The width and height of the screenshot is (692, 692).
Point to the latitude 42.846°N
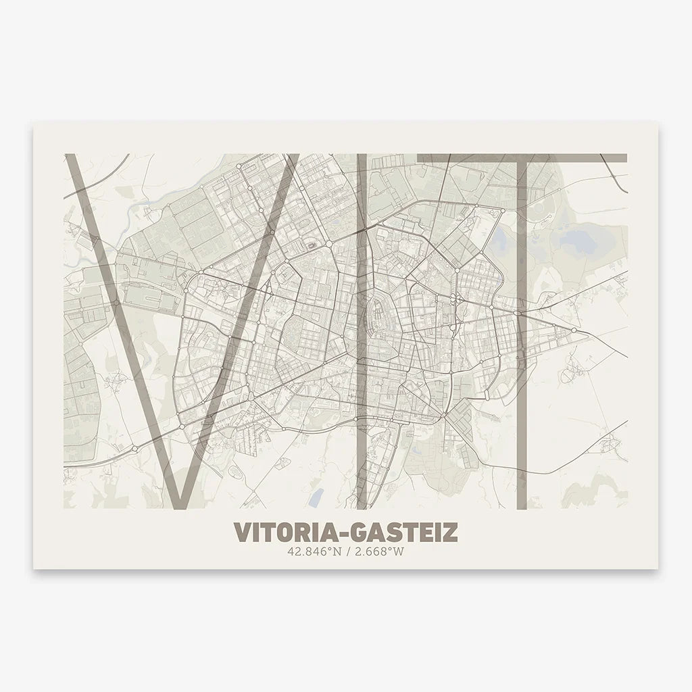pos(311,551)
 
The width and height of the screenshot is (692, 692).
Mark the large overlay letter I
pos(362,331)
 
